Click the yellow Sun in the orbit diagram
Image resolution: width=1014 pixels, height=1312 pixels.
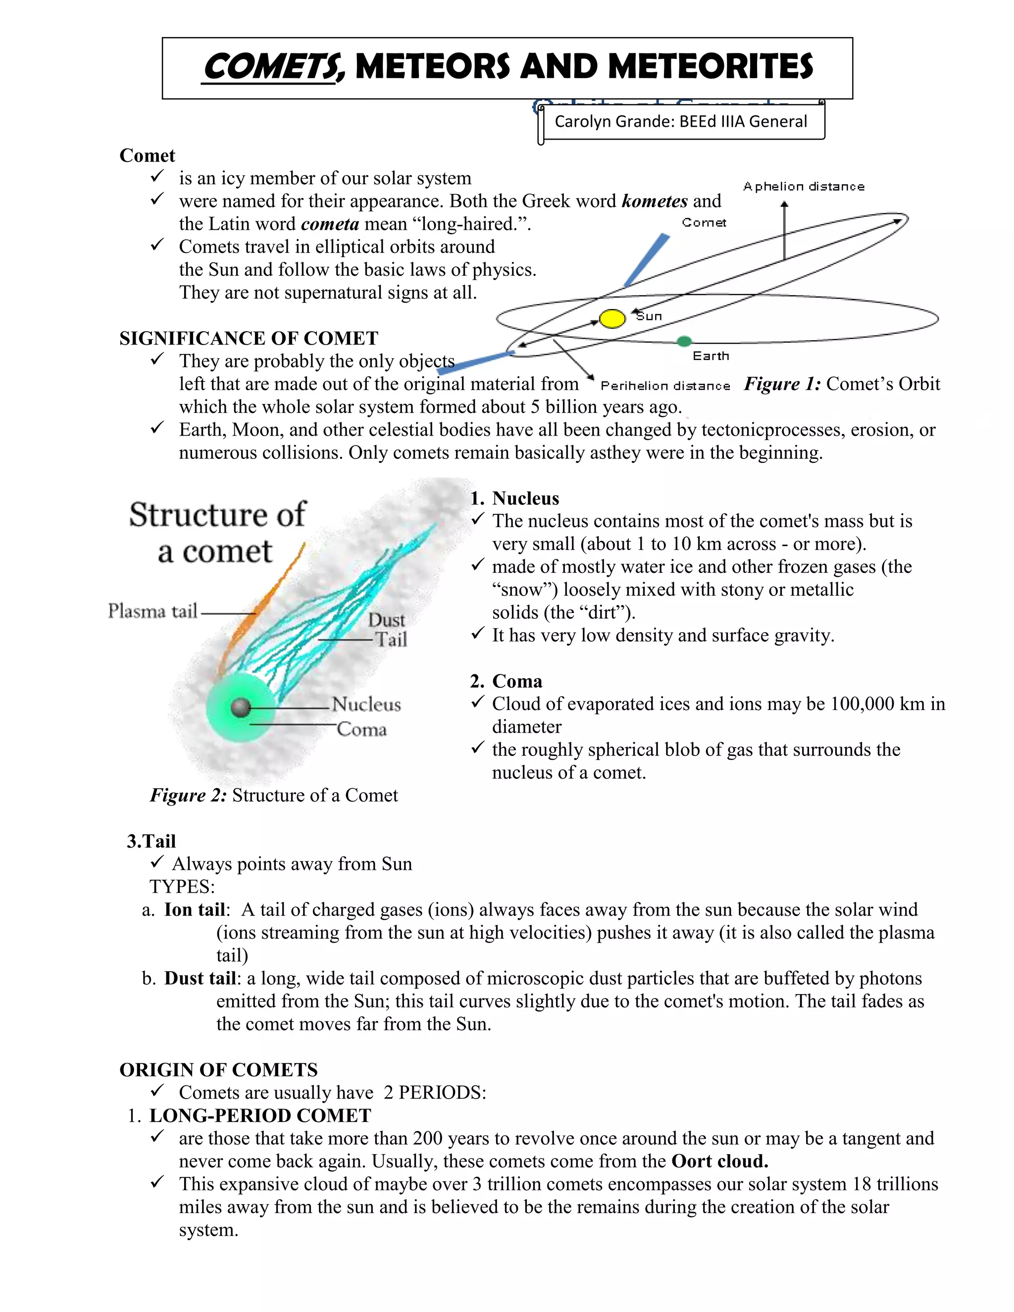612,318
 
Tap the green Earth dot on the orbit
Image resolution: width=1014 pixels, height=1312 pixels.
684,341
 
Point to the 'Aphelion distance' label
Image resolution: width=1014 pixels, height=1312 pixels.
804,187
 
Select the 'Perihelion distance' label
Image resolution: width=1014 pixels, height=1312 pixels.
665,386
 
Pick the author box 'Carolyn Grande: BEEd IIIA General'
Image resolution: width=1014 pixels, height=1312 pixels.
681,122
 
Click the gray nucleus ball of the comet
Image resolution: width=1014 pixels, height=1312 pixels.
240,707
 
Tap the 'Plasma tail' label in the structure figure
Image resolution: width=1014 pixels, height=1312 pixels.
152,611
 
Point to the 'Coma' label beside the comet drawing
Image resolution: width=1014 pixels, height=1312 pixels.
361,729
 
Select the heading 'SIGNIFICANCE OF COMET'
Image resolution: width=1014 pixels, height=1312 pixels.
249,338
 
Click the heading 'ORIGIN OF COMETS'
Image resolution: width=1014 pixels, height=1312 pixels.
219,1070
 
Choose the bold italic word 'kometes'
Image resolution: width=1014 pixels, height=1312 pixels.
654,201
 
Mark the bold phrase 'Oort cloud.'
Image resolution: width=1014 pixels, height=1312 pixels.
719,1161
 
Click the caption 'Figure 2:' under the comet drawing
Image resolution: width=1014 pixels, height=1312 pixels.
188,796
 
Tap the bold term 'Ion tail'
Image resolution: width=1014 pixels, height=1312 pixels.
195,910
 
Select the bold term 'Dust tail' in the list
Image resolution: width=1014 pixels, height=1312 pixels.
200,979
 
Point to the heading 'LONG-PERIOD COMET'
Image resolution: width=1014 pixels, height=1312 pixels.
260,1115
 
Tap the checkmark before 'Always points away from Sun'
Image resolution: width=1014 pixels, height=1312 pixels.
157,862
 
